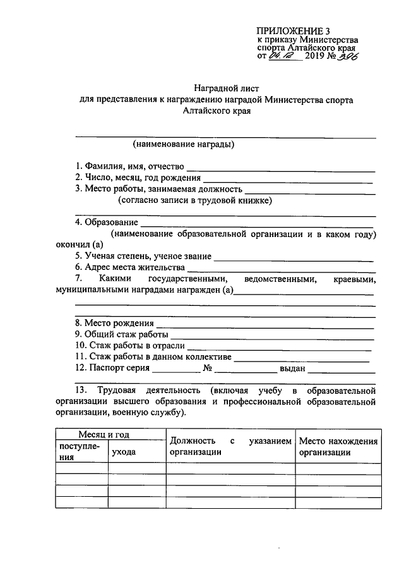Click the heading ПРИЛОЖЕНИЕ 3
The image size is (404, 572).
[x=294, y=30]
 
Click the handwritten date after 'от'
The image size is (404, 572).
[x=282, y=57]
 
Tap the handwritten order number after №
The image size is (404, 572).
[x=345, y=57]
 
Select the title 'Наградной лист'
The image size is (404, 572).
[x=225, y=88]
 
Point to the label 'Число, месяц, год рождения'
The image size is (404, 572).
[x=138, y=178]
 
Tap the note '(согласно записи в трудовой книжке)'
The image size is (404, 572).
[x=195, y=200]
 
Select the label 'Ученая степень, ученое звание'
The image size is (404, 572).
[x=143, y=257]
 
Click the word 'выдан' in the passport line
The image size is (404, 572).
[x=292, y=368]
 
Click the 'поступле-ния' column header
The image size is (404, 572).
[x=80, y=453]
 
